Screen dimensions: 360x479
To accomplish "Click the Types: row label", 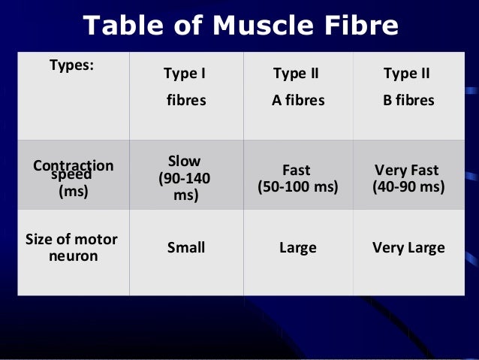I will click(x=71, y=65).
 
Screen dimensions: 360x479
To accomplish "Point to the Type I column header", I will click(x=185, y=74).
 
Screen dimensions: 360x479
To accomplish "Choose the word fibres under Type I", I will click(x=185, y=100).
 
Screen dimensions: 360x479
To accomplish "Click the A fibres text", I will click(x=298, y=100).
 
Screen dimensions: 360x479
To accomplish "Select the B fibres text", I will click(x=408, y=100).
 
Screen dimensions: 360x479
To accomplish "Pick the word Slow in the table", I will click(x=184, y=161).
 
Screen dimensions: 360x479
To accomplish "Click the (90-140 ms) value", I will click(x=184, y=187).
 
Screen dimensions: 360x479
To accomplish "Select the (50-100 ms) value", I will click(x=298, y=187).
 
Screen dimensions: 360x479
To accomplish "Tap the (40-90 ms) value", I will click(x=408, y=187).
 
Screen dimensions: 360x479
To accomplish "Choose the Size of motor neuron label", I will click(x=72, y=248).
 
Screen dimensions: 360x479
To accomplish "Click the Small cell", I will click(x=185, y=247).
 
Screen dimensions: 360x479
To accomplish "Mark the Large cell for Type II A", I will click(x=297, y=247).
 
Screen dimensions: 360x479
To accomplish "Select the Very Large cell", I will click(x=408, y=247).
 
